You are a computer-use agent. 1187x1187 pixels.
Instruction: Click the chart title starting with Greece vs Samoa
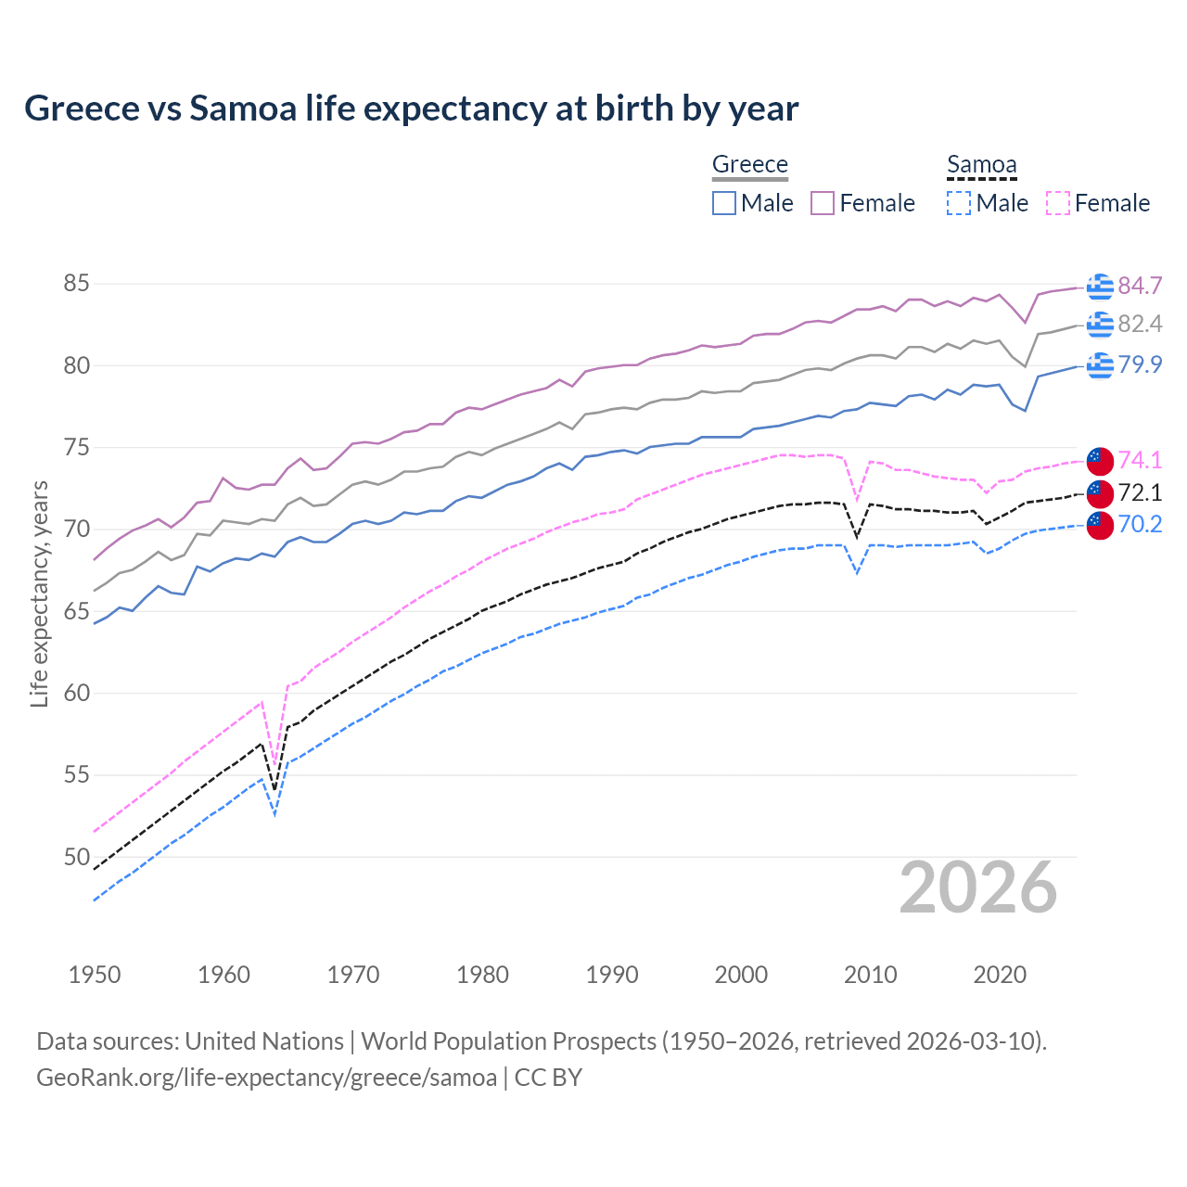[x=411, y=108]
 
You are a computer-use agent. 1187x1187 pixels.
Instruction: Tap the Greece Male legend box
[x=724, y=203]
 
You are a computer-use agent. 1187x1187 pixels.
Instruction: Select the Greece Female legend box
[x=823, y=203]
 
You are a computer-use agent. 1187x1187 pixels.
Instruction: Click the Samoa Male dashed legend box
[x=959, y=203]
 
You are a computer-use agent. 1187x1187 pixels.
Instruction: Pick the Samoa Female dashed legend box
[x=1057, y=203]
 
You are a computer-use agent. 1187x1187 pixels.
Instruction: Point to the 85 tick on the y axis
[x=77, y=284]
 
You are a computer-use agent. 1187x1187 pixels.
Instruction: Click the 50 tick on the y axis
[x=77, y=857]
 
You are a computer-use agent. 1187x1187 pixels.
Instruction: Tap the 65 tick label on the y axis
[x=77, y=611]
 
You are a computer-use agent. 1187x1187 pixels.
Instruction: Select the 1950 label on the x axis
[x=95, y=975]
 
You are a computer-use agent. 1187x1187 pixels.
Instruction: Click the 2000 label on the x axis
[x=741, y=975]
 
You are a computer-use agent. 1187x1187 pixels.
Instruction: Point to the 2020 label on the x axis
[x=1000, y=975]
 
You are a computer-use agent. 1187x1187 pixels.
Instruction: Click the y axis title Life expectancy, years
[x=39, y=593]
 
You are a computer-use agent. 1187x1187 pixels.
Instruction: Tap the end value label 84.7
[x=1140, y=286]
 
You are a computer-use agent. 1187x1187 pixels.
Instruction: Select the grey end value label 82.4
[x=1140, y=324]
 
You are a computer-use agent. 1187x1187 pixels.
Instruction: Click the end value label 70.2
[x=1140, y=525]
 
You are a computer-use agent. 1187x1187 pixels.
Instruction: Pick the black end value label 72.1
[x=1140, y=492]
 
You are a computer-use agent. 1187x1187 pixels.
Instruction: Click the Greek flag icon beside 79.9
[x=1100, y=365]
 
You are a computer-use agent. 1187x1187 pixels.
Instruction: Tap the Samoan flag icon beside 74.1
[x=1100, y=460]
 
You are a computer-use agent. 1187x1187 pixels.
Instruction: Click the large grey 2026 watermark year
[x=977, y=887]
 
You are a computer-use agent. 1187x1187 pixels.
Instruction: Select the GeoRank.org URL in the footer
[x=266, y=1078]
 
